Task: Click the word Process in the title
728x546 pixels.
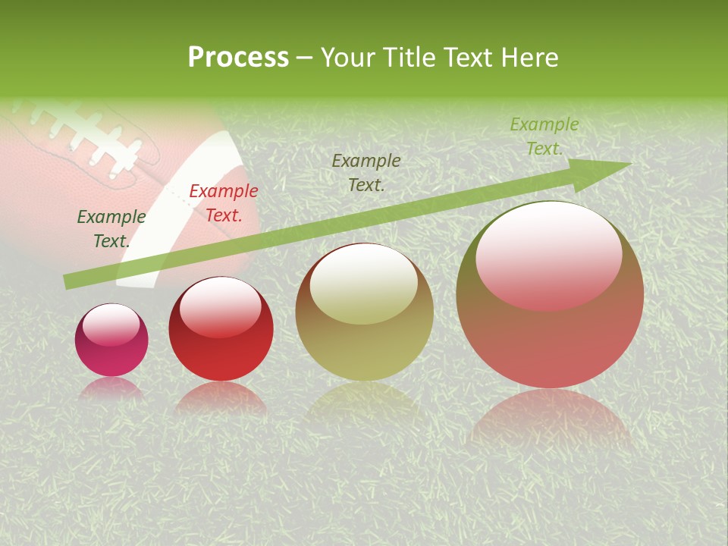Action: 238,58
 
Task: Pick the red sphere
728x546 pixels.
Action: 221,334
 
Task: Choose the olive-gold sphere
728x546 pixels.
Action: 364,318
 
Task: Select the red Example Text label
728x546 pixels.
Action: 224,203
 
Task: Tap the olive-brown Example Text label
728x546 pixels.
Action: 366,172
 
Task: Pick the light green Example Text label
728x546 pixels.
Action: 544,136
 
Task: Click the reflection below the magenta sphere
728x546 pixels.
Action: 111,389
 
